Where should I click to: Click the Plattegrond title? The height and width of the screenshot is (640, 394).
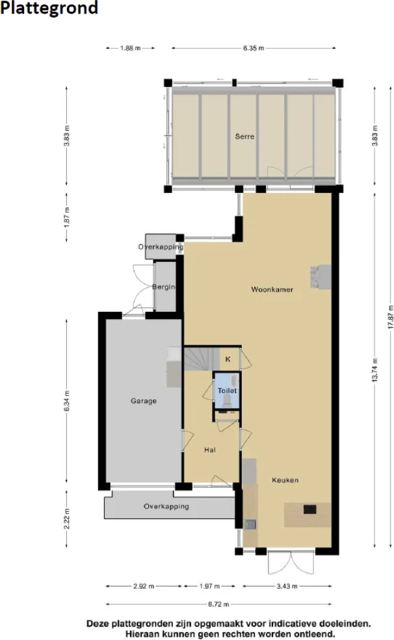pos(49,8)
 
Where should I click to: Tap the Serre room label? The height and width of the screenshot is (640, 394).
pos(244,136)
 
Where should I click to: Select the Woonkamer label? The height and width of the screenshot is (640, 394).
pos(272,289)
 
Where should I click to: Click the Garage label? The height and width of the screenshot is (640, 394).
pos(143,401)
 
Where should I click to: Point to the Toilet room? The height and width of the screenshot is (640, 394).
pos(227,390)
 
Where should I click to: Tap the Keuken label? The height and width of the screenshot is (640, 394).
pos(285,480)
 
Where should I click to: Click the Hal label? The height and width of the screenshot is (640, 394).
pos(210,450)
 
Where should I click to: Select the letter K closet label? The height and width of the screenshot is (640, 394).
pos(228,359)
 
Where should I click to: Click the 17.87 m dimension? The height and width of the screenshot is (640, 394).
pos(390,316)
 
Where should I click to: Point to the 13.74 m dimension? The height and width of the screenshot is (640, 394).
pos(374,370)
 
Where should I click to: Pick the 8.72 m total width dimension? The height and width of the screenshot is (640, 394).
pos(218,604)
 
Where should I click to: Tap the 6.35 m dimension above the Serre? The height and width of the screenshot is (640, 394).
pos(254,48)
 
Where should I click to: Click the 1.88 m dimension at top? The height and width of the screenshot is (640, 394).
pos(130,48)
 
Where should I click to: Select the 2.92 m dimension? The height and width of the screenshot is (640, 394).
pos(144,586)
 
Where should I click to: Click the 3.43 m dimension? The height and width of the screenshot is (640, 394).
pos(287,586)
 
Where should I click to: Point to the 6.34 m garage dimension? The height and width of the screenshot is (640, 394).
pos(66,401)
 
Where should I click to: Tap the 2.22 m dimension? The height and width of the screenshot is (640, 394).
pos(66,518)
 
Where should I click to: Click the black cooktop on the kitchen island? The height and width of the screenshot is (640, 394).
pos(309,509)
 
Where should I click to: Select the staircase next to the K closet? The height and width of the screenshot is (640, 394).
pos(202,359)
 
